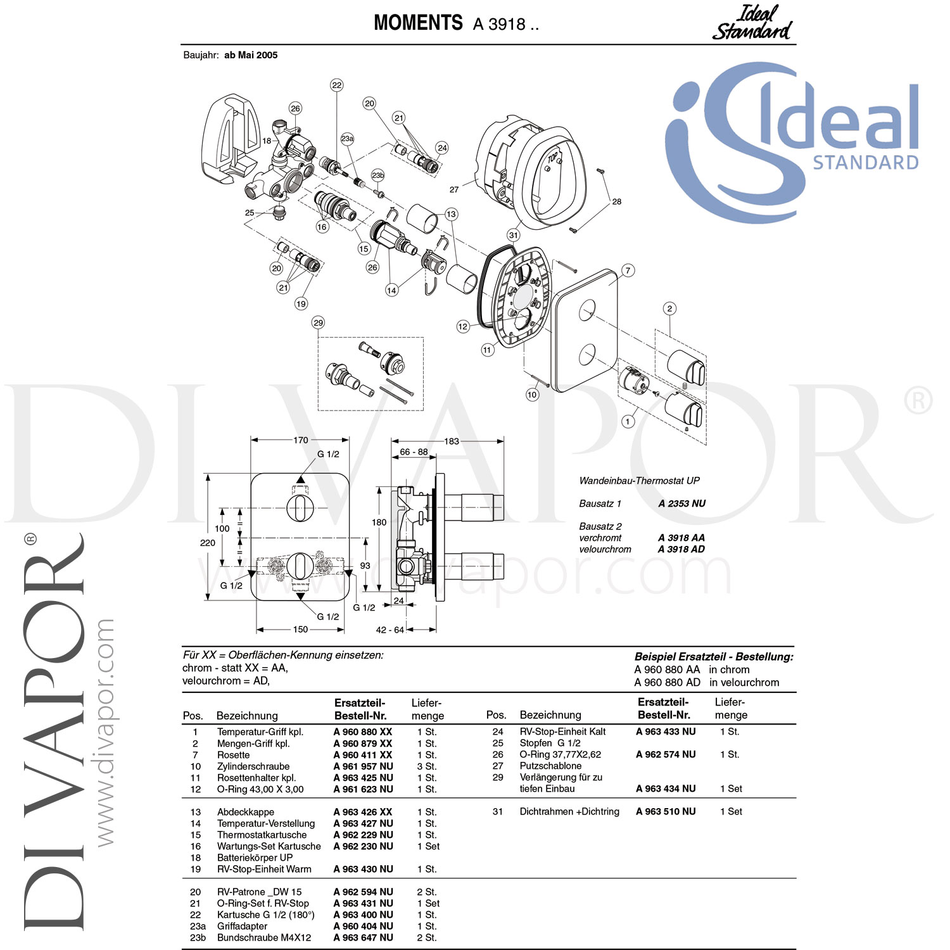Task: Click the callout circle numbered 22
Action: tap(337, 85)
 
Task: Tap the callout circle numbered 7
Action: tap(628, 270)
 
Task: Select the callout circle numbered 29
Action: tap(318, 322)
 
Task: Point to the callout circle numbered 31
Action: tap(513, 235)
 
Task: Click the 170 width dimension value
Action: tap(301, 440)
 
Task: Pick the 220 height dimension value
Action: tap(208, 543)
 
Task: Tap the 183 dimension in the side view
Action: tap(452, 441)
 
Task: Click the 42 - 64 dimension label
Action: tap(389, 630)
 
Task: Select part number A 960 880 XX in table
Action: tap(363, 731)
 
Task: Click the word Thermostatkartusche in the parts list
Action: tap(262, 835)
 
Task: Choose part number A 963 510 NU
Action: tap(666, 811)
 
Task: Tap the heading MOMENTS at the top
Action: tap(418, 23)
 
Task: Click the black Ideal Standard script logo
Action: tap(752, 23)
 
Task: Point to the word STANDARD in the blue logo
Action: tap(866, 163)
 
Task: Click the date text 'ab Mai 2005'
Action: tap(251, 55)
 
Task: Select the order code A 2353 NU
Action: tap(681, 503)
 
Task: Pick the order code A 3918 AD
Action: tap(681, 549)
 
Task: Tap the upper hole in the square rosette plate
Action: tap(587, 310)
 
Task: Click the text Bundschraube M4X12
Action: tap(264, 937)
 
